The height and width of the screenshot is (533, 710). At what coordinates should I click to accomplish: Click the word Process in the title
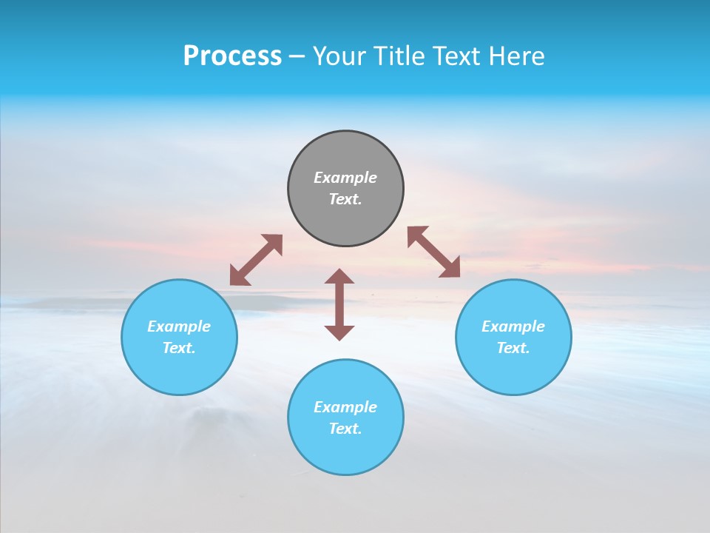[232, 56]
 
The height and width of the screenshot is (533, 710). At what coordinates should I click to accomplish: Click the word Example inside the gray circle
[345, 178]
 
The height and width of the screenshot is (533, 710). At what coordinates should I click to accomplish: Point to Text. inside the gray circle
[345, 199]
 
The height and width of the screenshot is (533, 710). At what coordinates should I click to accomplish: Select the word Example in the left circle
[179, 326]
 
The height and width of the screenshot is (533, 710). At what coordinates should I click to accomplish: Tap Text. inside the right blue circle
[513, 348]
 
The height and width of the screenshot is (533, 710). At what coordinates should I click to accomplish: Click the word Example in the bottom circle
[345, 407]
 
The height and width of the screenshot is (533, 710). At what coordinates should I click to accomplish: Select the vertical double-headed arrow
[339, 304]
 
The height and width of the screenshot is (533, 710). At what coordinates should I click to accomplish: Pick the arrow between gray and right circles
[434, 252]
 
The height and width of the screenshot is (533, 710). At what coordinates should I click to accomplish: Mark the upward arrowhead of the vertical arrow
[339, 278]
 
